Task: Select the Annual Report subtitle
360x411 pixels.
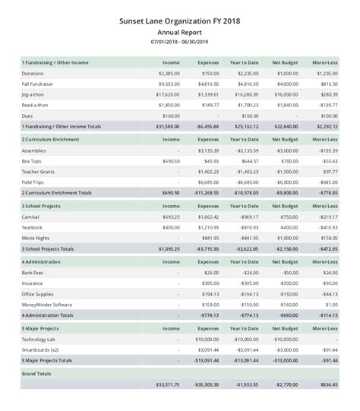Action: pos(179,33)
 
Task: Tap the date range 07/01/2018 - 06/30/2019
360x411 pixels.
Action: pos(179,43)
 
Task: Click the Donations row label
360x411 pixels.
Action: pos(33,73)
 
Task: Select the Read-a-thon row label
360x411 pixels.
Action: pos(36,104)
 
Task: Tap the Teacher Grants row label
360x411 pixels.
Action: pos(39,172)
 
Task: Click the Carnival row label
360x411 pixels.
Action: pos(32,217)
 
